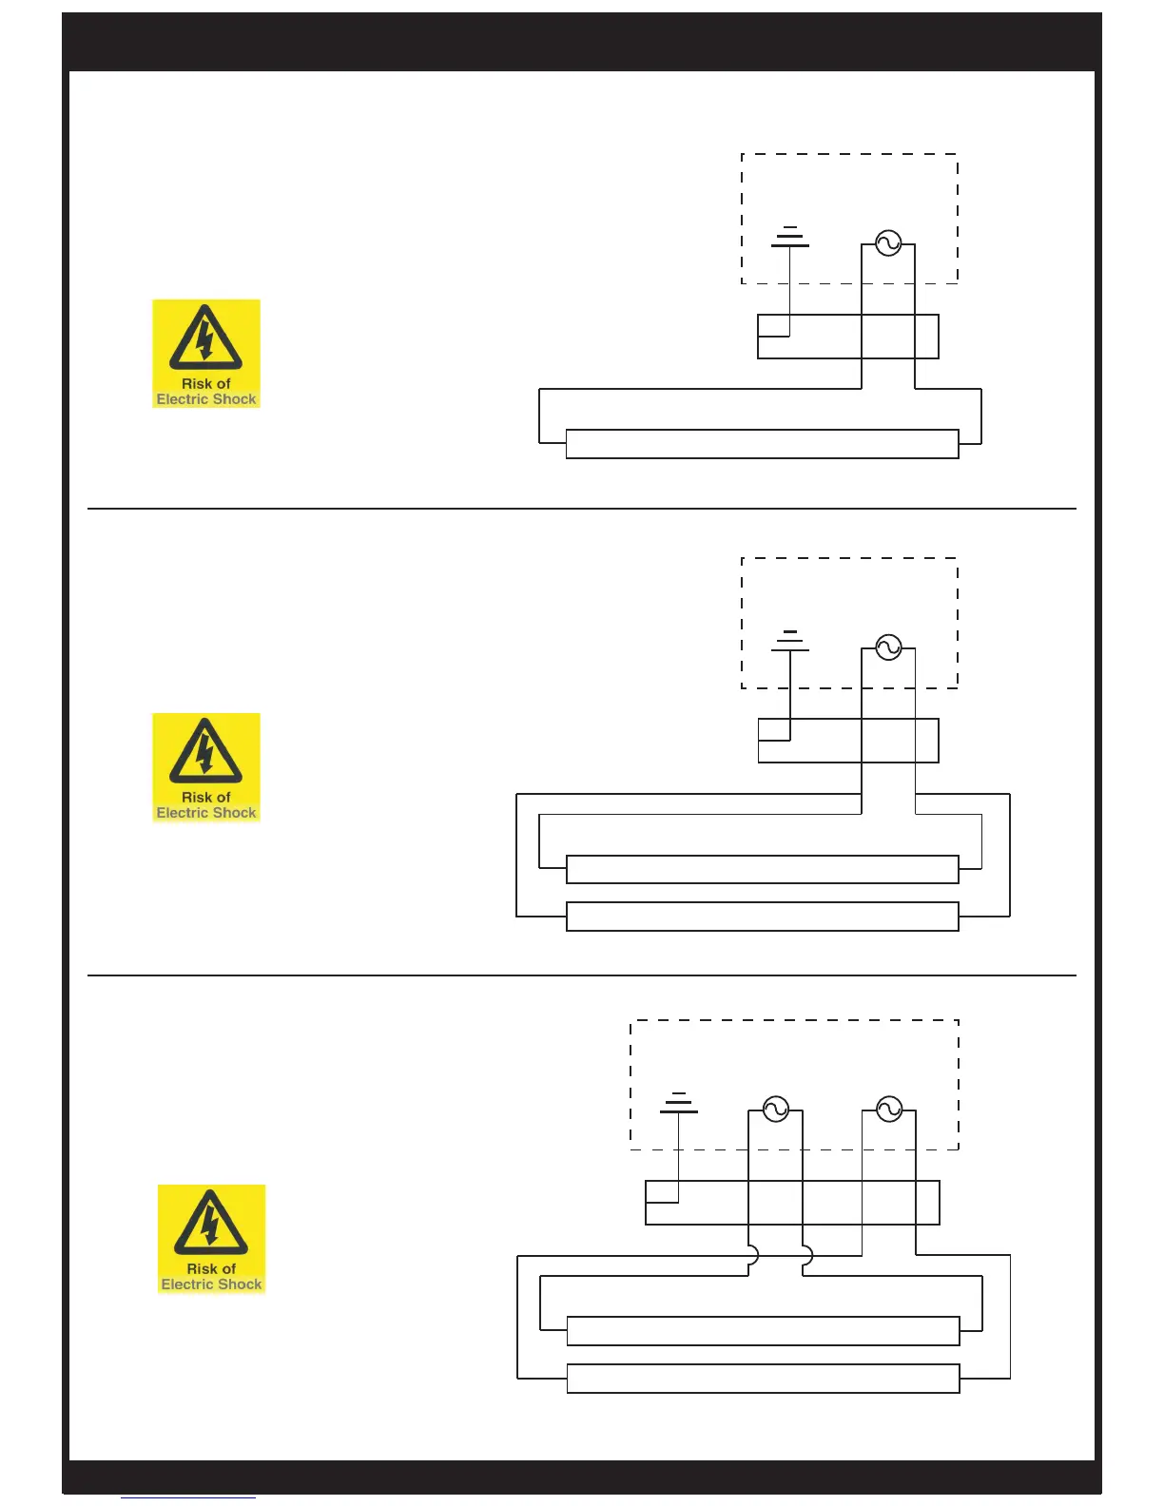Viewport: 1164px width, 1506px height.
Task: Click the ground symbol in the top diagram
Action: [x=790, y=238]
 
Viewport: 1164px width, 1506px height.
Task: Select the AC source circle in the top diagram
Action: [x=888, y=243]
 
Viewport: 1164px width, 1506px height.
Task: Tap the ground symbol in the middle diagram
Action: [x=790, y=642]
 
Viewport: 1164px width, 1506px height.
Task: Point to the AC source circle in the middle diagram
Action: [x=888, y=648]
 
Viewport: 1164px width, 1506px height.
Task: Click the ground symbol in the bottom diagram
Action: [x=679, y=1103]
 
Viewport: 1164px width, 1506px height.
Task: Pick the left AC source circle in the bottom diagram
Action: [x=776, y=1110]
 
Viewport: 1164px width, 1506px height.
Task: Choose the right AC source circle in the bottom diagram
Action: [x=889, y=1110]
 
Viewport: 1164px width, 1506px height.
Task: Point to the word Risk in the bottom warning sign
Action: [x=201, y=1268]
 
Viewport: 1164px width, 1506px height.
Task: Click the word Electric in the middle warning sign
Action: [x=182, y=813]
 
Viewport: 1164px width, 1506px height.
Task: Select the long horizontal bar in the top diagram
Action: [x=762, y=444]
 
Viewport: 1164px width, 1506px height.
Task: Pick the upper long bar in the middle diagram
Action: [x=762, y=870]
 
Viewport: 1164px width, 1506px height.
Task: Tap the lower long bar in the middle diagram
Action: [x=762, y=917]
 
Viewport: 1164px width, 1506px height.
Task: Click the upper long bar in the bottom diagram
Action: [x=763, y=1331]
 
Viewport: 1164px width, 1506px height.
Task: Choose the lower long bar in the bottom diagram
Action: [x=763, y=1379]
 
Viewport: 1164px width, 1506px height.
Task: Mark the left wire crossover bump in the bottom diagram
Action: [x=753, y=1256]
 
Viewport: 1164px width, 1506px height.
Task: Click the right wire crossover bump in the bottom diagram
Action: [x=807, y=1256]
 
